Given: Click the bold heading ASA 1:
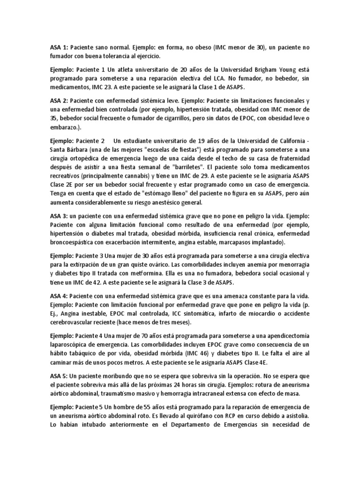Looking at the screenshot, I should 59,48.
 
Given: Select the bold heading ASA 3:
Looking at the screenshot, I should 59,217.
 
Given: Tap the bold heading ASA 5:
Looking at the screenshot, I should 59,376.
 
